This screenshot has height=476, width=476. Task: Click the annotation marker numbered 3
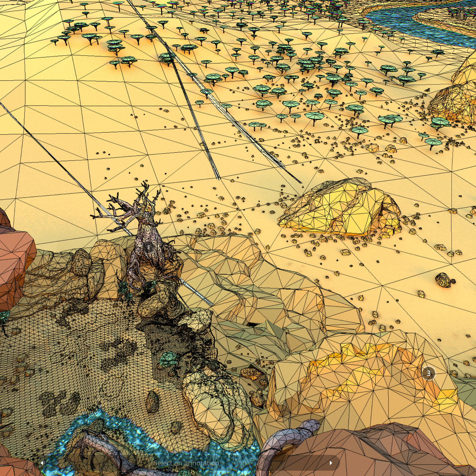[x=428, y=373]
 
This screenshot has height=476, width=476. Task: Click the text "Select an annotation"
[x=186, y=463]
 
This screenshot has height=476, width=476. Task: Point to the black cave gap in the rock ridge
[x=253, y=325]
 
